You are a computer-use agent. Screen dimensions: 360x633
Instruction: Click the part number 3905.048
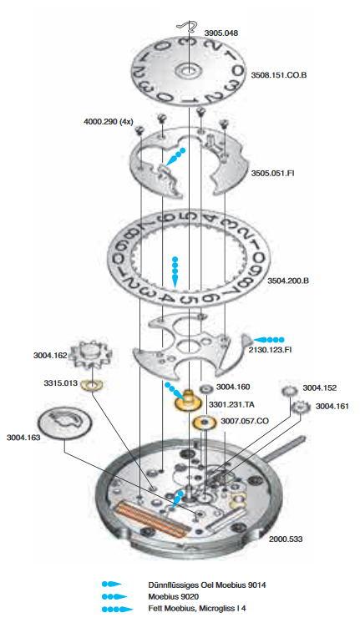[x=221, y=33]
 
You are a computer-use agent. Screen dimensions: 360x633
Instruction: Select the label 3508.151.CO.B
[x=279, y=75]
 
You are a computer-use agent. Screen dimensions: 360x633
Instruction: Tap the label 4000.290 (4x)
[x=109, y=122]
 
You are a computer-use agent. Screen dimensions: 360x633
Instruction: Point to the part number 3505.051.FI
[x=273, y=174]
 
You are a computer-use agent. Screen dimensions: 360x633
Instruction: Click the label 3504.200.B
[x=288, y=280]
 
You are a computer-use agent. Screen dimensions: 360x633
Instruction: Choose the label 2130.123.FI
[x=270, y=350]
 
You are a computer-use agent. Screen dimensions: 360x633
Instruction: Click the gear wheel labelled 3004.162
[x=87, y=355]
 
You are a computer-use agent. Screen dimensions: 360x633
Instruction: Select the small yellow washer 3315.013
[x=93, y=385]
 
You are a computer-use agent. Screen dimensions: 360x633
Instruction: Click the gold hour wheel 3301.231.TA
[x=188, y=402]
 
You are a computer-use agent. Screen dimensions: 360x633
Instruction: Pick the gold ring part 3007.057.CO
[x=205, y=423]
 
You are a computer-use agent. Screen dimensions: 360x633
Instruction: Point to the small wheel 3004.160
[x=206, y=389]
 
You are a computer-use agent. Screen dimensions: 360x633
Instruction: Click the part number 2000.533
[x=286, y=539]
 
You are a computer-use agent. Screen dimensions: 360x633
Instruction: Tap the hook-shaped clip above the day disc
[x=186, y=27]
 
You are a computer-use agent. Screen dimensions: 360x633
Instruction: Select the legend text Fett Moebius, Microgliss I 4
[x=196, y=608]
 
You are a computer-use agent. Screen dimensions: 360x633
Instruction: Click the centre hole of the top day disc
[x=187, y=72]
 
